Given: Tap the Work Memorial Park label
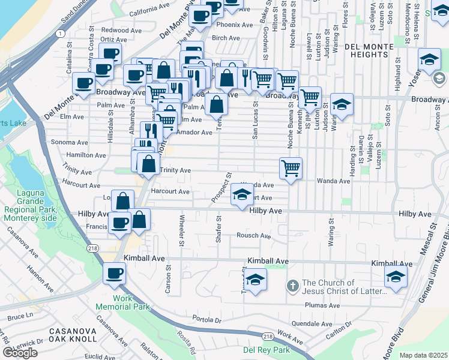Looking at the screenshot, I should click(122, 302).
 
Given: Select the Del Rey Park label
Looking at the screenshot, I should click(266, 350).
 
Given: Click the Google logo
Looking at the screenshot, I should click(20, 352).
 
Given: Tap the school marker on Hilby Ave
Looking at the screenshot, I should click(242, 196).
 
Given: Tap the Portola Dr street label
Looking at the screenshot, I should click(208, 319).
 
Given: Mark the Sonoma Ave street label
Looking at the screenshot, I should click(70, 142).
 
